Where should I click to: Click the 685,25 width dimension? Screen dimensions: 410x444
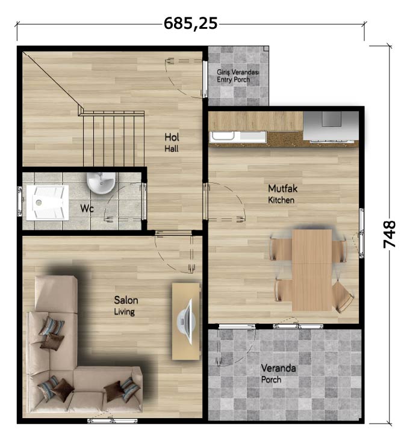[191, 23]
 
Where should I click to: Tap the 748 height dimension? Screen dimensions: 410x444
[389, 235]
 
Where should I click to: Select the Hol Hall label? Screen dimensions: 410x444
[172, 143]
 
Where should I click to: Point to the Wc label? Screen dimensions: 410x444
[87, 208]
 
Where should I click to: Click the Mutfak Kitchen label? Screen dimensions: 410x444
[282, 194]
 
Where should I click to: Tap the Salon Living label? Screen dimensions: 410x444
[126, 306]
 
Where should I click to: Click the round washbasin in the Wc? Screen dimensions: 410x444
[101, 183]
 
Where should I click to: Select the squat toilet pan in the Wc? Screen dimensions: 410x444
[48, 202]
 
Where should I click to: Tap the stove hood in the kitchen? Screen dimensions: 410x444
[331, 126]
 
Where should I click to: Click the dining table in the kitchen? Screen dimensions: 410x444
[312, 270]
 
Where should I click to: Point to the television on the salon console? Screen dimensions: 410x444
[186, 321]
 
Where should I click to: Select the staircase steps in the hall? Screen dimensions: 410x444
[113, 138]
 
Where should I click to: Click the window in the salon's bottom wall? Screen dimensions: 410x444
[112, 421]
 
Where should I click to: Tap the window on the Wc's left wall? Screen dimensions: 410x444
[19, 202]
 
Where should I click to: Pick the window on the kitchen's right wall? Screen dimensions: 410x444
[362, 233]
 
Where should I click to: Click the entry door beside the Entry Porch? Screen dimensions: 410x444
[204, 79]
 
